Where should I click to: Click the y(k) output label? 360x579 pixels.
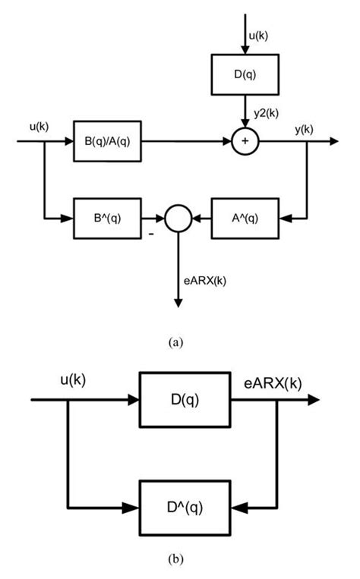(x=304, y=130)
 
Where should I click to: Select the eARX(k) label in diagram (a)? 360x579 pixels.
(x=207, y=280)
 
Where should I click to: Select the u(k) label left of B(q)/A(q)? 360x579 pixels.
(x=39, y=127)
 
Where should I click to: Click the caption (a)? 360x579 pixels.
(x=177, y=342)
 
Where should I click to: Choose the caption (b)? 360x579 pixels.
(x=175, y=562)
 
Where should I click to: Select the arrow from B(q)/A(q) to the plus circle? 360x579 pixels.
(x=185, y=141)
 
